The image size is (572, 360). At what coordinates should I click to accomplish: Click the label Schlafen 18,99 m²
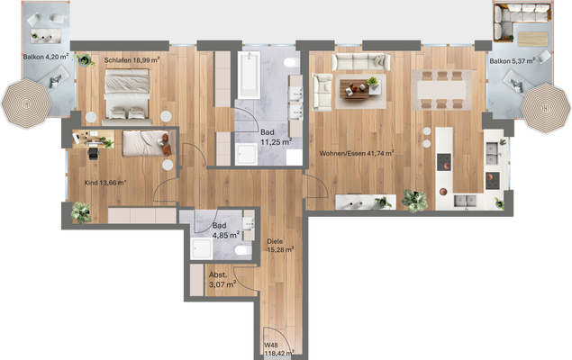click(132, 60)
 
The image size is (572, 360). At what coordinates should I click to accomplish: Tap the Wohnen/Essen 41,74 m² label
click(357, 153)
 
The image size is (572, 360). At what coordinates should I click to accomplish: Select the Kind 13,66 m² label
click(104, 182)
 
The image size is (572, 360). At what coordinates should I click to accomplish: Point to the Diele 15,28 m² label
click(281, 246)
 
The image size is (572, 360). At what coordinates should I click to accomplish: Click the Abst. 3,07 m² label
click(222, 280)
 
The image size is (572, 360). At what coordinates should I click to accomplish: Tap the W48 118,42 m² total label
click(279, 348)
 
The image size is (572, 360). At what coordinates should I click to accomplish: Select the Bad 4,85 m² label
click(224, 231)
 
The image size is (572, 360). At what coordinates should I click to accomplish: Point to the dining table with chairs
click(441, 86)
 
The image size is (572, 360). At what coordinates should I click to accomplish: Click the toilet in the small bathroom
click(241, 249)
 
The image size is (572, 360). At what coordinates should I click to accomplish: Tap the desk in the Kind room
click(92, 141)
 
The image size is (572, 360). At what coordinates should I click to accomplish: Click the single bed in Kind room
click(143, 142)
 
